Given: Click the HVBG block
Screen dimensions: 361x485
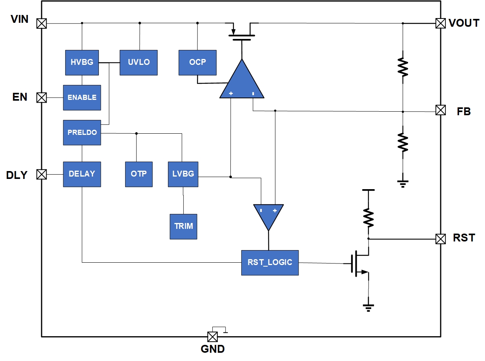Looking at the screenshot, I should [x=82, y=62].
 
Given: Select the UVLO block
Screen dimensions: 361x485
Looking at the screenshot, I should [x=139, y=62].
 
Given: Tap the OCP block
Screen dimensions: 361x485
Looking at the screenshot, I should [x=197, y=62].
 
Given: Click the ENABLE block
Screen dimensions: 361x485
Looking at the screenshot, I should [x=82, y=98].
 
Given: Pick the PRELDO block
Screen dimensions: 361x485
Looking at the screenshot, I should [x=82, y=133].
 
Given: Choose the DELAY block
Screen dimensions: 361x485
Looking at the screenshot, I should [x=82, y=174].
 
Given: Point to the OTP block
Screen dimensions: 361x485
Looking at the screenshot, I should [x=139, y=174].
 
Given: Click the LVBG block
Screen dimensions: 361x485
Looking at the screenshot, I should [x=183, y=174].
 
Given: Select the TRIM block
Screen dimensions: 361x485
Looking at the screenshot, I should [x=183, y=227].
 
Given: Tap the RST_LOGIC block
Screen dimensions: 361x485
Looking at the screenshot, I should [x=270, y=262].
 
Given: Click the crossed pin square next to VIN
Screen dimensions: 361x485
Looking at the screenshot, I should [x=41, y=24].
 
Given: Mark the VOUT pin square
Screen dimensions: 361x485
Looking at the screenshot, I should [x=441, y=23].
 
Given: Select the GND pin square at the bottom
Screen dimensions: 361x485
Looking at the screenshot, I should [x=212, y=337].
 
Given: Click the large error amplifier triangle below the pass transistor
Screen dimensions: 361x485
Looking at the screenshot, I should [x=242, y=83].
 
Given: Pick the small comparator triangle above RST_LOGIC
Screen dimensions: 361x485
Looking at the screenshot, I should [x=268, y=215].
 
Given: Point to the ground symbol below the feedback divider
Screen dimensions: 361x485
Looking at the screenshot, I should [x=403, y=183].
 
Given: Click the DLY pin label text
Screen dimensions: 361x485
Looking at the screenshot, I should [x=17, y=175].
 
